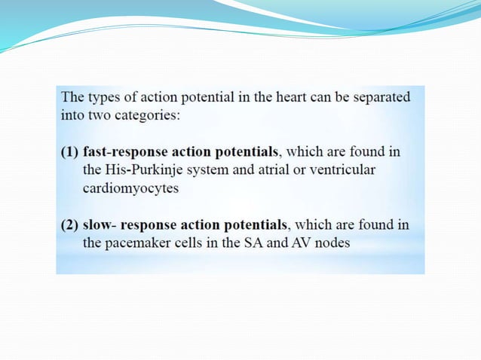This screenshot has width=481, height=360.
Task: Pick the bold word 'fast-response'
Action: (x=120, y=152)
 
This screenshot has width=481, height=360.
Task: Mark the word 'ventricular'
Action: (x=343, y=170)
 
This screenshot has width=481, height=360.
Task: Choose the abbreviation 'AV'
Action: (x=312, y=244)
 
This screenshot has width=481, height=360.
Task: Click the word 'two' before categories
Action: (x=102, y=117)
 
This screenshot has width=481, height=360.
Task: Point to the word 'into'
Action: (x=72, y=117)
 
